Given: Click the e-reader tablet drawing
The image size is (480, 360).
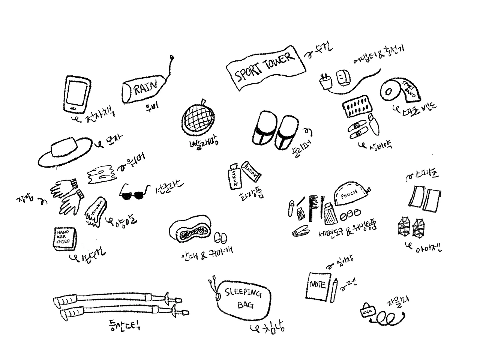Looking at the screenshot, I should (x=77, y=94).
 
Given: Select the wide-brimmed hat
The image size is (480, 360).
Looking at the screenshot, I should (x=66, y=151).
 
